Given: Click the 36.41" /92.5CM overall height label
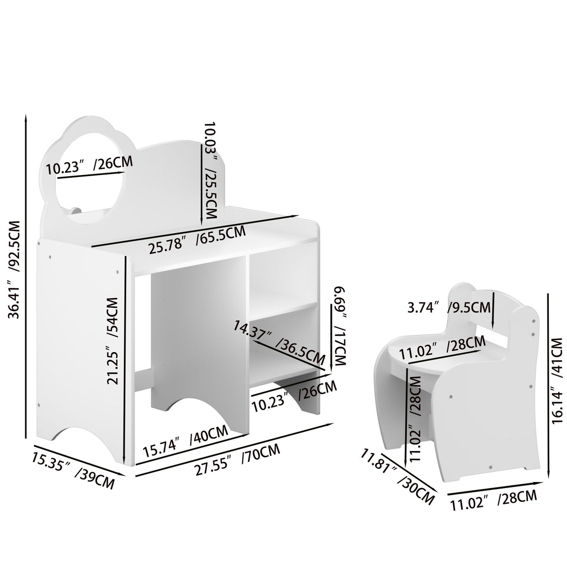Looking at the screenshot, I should click(15, 269).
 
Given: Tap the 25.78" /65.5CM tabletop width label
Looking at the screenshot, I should click(197, 240).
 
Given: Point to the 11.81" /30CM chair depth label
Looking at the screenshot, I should click(397, 479).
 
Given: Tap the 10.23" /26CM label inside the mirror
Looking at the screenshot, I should click(89, 165).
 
